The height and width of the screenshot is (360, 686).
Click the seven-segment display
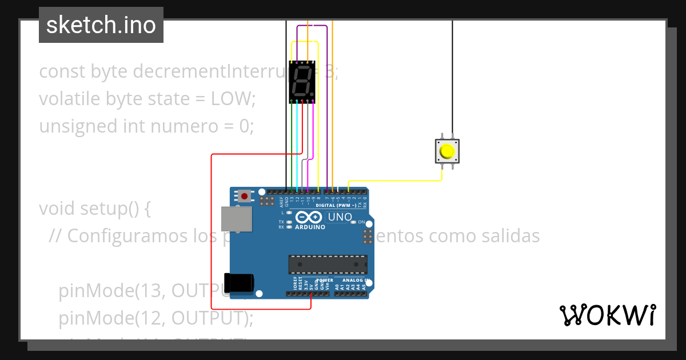click(302, 82)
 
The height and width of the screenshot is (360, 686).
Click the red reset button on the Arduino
click(245, 197)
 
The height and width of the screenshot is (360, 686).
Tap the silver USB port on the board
click(236, 219)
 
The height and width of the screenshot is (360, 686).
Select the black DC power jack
click(238, 283)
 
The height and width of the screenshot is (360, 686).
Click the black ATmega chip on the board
click(328, 264)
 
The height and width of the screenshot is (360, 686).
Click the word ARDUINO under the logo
click(310, 227)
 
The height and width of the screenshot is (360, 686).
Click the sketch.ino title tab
click(101, 25)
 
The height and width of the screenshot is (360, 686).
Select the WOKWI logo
click(607, 315)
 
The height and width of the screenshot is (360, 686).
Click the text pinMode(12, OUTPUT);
click(155, 317)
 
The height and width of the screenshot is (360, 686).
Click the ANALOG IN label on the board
click(356, 281)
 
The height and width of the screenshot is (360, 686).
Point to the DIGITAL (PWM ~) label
click(336, 205)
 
